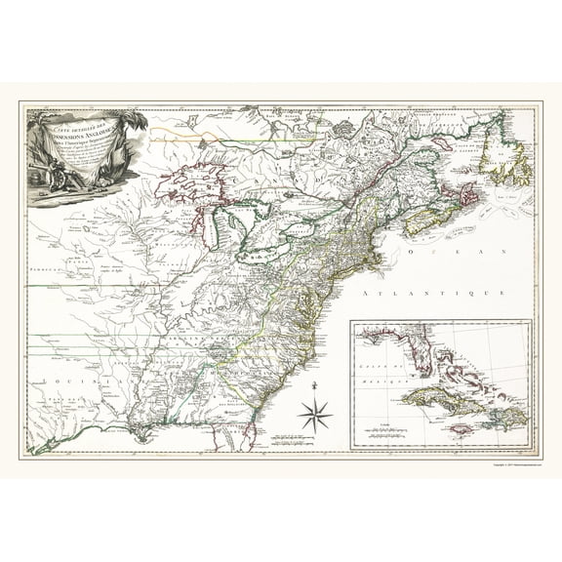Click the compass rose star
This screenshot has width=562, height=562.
point(315,417)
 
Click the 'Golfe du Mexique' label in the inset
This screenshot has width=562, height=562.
point(374,370)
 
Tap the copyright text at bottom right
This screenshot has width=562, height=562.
point(507,464)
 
